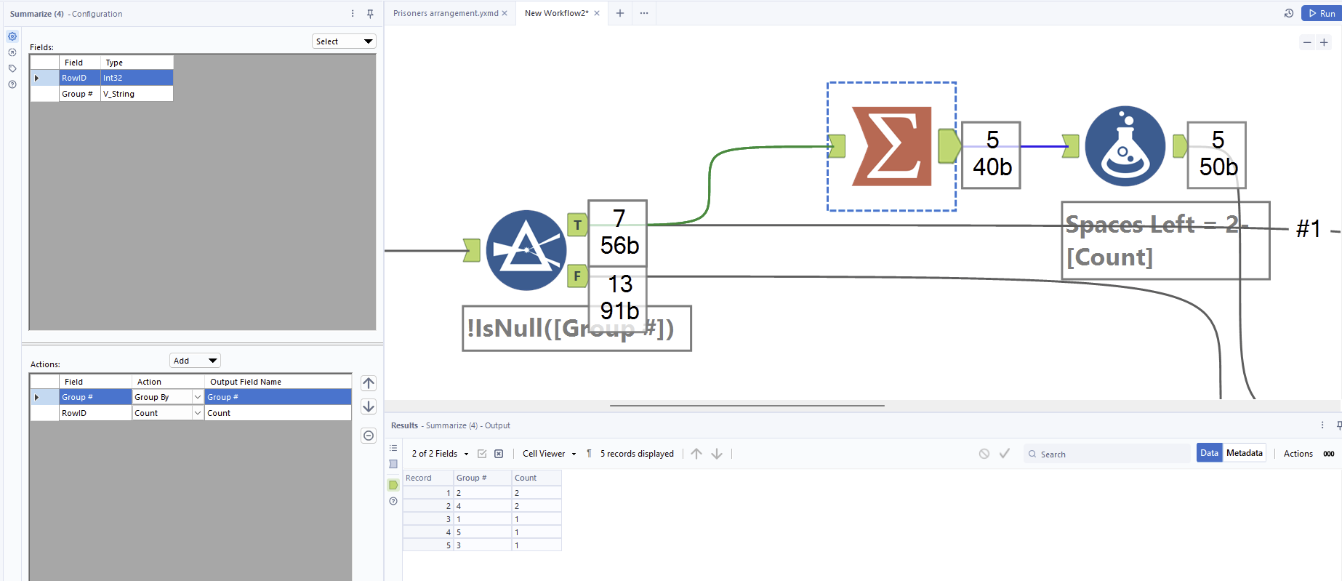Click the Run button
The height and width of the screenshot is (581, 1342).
pyautogui.click(x=1322, y=13)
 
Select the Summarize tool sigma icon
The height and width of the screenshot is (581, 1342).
pyautogui.click(x=891, y=146)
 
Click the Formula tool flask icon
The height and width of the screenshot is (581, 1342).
pyautogui.click(x=1125, y=146)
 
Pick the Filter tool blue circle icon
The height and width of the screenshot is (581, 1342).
pyautogui.click(x=526, y=250)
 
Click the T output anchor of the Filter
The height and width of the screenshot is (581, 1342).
pyautogui.click(x=577, y=225)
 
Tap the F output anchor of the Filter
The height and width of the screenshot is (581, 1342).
pyautogui.click(x=577, y=276)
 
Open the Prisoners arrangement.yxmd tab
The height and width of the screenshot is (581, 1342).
pyautogui.click(x=446, y=13)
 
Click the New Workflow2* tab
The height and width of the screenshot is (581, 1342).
pyautogui.click(x=556, y=13)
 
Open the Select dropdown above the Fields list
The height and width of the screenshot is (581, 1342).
pyautogui.click(x=345, y=41)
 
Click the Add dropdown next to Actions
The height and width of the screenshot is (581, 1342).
pyautogui.click(x=195, y=361)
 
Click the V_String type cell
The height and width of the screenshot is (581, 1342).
pyautogui.click(x=136, y=94)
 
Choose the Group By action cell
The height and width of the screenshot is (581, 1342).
pyautogui.click(x=161, y=397)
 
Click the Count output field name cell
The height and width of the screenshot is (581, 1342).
pyautogui.click(x=276, y=413)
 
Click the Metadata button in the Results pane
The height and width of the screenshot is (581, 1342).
pyautogui.click(x=1244, y=453)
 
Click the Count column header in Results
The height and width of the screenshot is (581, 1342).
pyautogui.click(x=535, y=478)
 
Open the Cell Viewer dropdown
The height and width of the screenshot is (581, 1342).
pyautogui.click(x=549, y=454)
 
